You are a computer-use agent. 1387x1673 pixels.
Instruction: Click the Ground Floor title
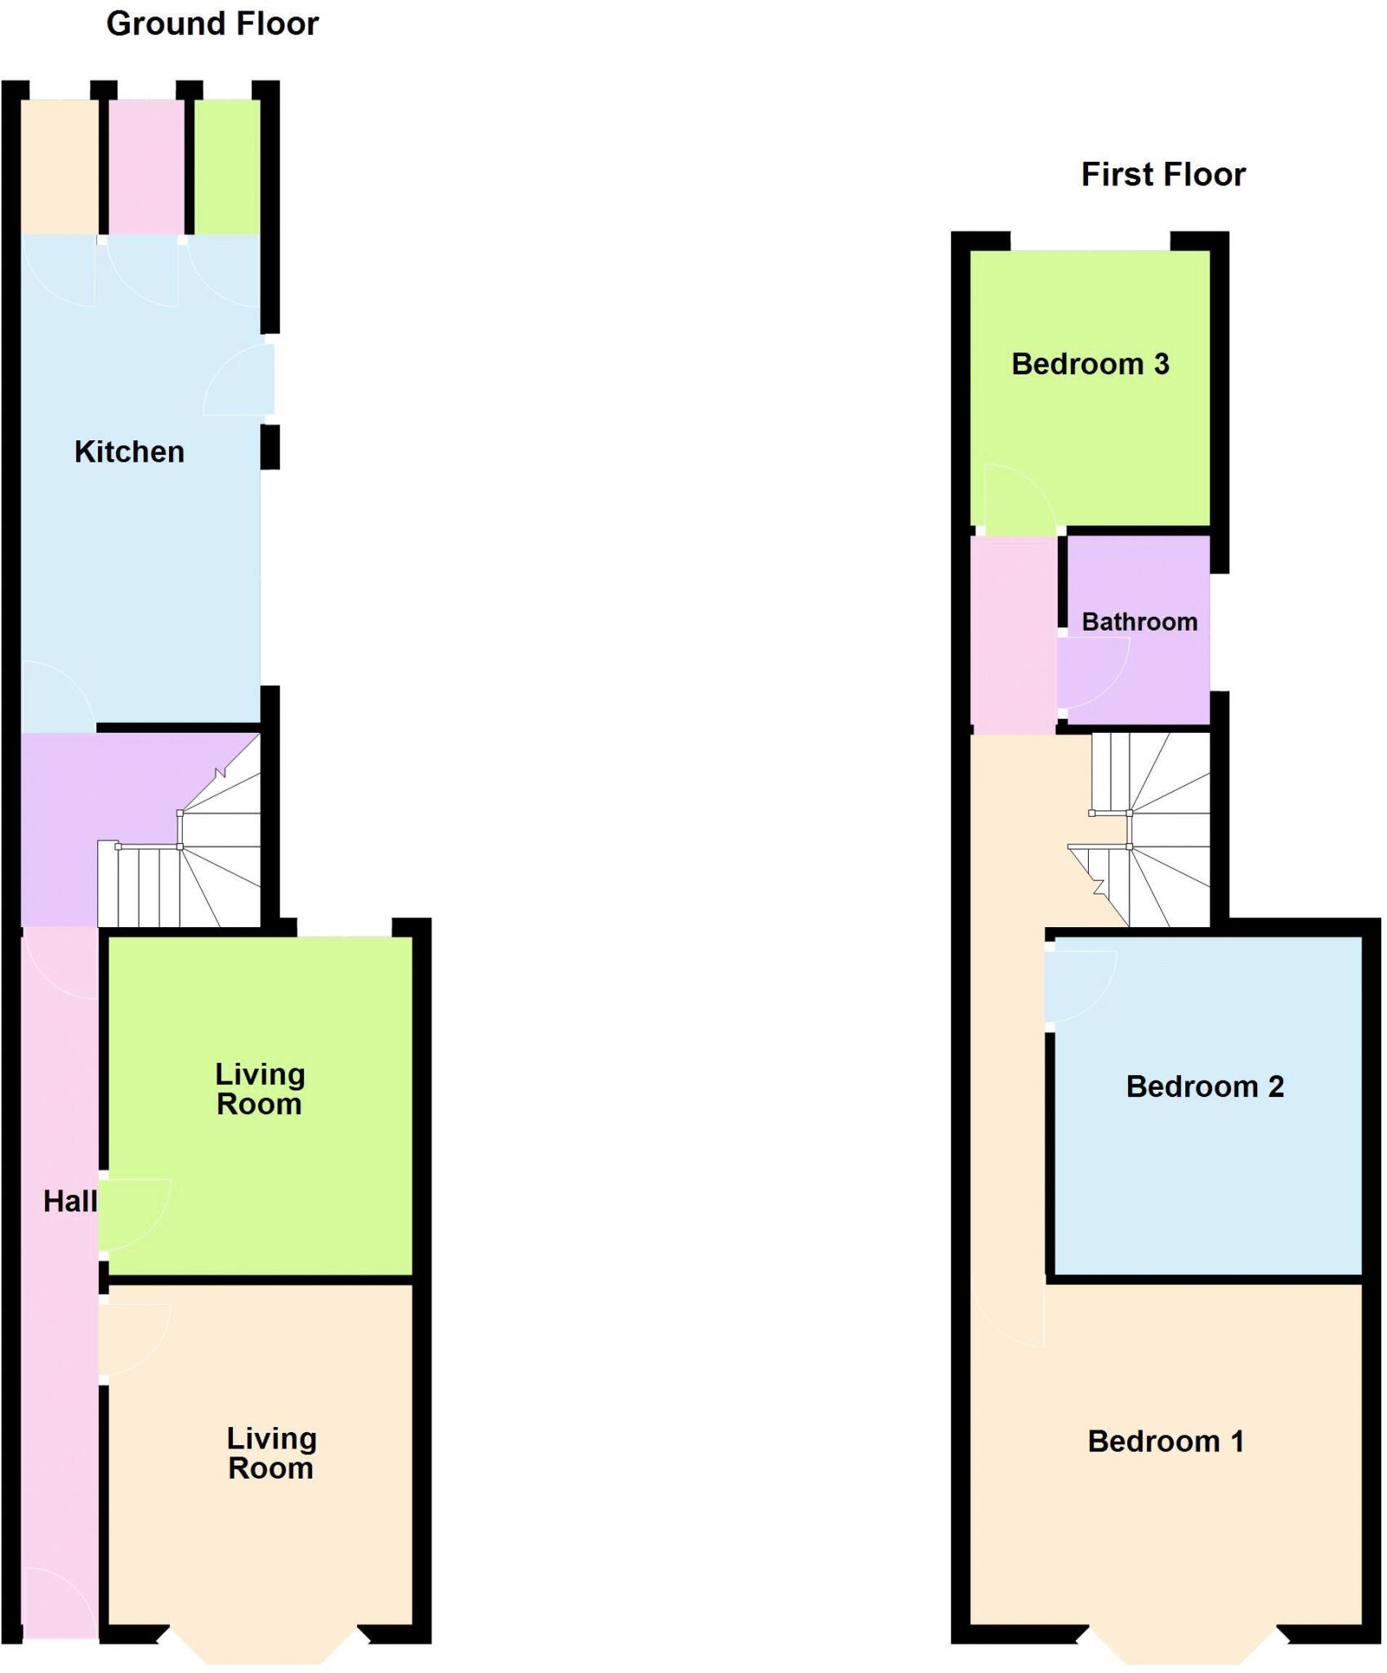pos(212,24)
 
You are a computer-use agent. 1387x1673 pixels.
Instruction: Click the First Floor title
pos(1162,175)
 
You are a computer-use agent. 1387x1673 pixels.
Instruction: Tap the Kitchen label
pos(129,452)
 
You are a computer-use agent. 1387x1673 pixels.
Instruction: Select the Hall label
pos(69,1201)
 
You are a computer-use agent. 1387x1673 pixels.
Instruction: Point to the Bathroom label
pos(1139,622)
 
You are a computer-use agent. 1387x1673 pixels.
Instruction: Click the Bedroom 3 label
pos(1090,364)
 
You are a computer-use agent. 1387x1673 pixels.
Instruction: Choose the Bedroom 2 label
pos(1204,1086)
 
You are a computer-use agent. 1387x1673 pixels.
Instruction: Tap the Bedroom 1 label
pos(1166,1441)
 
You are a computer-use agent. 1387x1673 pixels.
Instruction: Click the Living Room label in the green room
pos(260,1089)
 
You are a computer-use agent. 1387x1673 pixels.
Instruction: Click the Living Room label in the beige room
pos(271,1453)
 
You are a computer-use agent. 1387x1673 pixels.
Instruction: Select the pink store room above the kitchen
pos(147,167)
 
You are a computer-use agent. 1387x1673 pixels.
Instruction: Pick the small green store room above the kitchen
pos(227,167)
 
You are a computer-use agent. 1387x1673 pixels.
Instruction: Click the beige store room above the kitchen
pos(59,167)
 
